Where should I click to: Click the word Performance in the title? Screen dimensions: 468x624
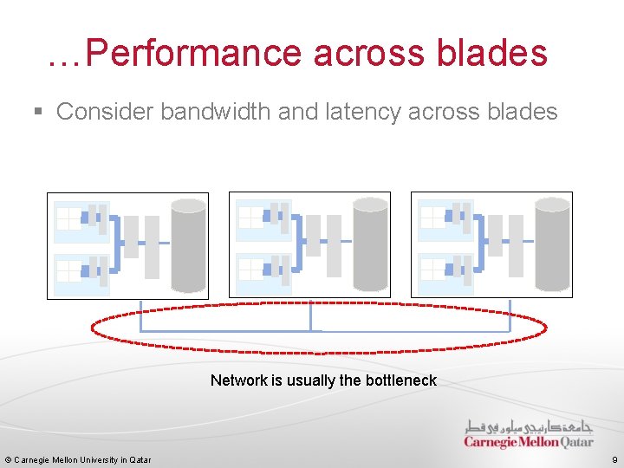(x=194, y=53)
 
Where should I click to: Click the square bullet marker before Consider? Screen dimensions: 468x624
(x=37, y=112)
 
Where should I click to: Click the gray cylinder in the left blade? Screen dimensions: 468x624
(x=188, y=245)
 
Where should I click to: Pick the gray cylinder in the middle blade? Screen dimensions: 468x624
(x=370, y=245)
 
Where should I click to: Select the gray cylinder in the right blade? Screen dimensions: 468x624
(x=552, y=245)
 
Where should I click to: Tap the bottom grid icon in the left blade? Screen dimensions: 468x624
(x=68, y=271)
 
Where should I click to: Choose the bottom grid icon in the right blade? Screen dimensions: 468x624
(x=432, y=271)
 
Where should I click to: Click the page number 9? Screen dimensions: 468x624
(x=614, y=459)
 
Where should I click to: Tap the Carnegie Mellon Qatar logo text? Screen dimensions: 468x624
(x=528, y=443)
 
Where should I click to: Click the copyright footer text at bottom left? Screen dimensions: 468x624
(x=78, y=459)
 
